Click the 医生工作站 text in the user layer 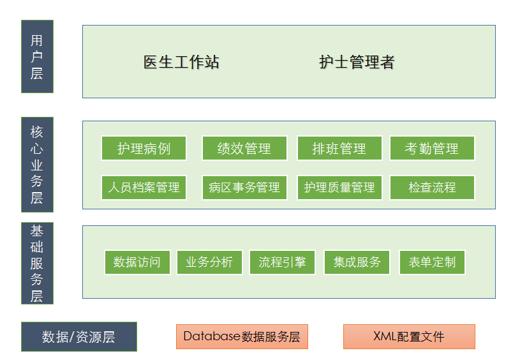(181, 62)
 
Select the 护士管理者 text (357, 62)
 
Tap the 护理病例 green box (144, 148)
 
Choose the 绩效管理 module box (245, 148)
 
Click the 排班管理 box (339, 148)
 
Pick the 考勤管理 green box (432, 148)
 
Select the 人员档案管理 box (144, 188)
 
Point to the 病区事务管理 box (245, 188)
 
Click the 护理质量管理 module (339, 188)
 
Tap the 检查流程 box (432, 188)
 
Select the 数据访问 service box (137, 262)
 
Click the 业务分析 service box (209, 262)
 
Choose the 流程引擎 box (283, 262)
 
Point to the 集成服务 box (357, 262)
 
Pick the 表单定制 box (432, 262)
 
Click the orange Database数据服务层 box (242, 336)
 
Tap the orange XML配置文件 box (409, 336)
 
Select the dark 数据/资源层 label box (79, 336)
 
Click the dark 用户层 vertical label (37, 56)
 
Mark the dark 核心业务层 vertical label (37, 165)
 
